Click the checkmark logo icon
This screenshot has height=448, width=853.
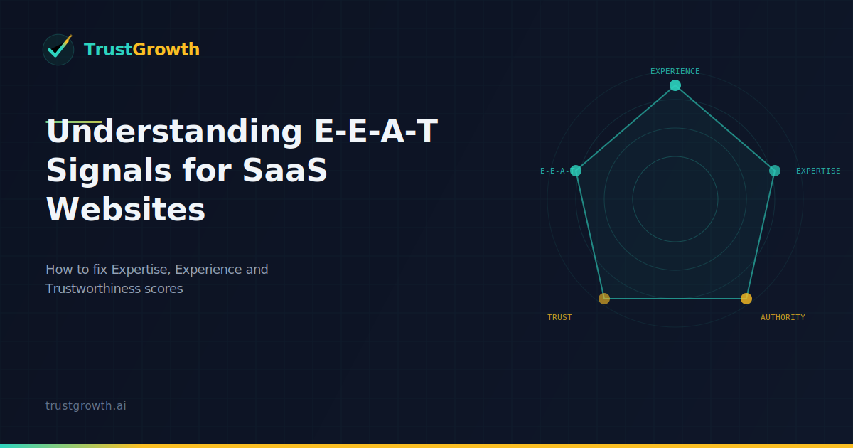tap(58, 49)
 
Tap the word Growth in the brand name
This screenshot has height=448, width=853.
tap(166, 49)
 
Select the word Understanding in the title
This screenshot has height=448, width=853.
tap(174, 133)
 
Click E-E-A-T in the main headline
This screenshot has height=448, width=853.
tap(375, 133)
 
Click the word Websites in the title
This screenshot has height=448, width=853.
tap(126, 210)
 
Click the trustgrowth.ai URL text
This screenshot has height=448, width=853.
tap(86, 405)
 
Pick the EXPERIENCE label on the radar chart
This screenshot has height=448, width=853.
tap(675, 71)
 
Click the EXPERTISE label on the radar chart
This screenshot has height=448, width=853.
tap(818, 171)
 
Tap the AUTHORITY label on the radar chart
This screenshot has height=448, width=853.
tap(783, 317)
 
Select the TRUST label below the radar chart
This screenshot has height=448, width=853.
tap(559, 317)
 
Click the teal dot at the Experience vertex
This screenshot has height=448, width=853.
tap(675, 85)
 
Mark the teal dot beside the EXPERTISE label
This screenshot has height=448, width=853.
tap(775, 171)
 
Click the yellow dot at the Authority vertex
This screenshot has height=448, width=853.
tap(746, 299)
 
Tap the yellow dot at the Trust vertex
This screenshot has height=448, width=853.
tap(604, 299)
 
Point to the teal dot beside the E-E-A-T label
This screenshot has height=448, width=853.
tap(576, 171)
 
